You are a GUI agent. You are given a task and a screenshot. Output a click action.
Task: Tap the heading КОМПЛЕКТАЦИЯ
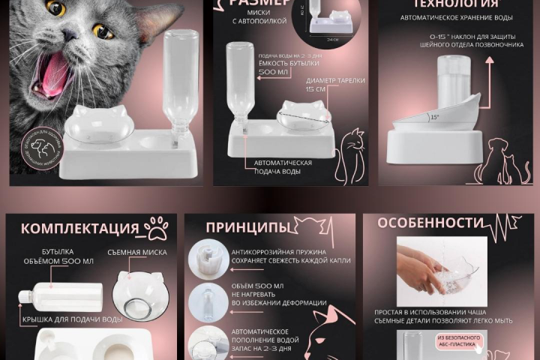coord(80,229)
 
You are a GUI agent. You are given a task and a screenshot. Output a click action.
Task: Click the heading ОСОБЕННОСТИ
coord(429,223)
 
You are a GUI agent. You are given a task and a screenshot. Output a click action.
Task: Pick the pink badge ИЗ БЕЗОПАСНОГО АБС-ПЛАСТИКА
coord(458,342)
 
